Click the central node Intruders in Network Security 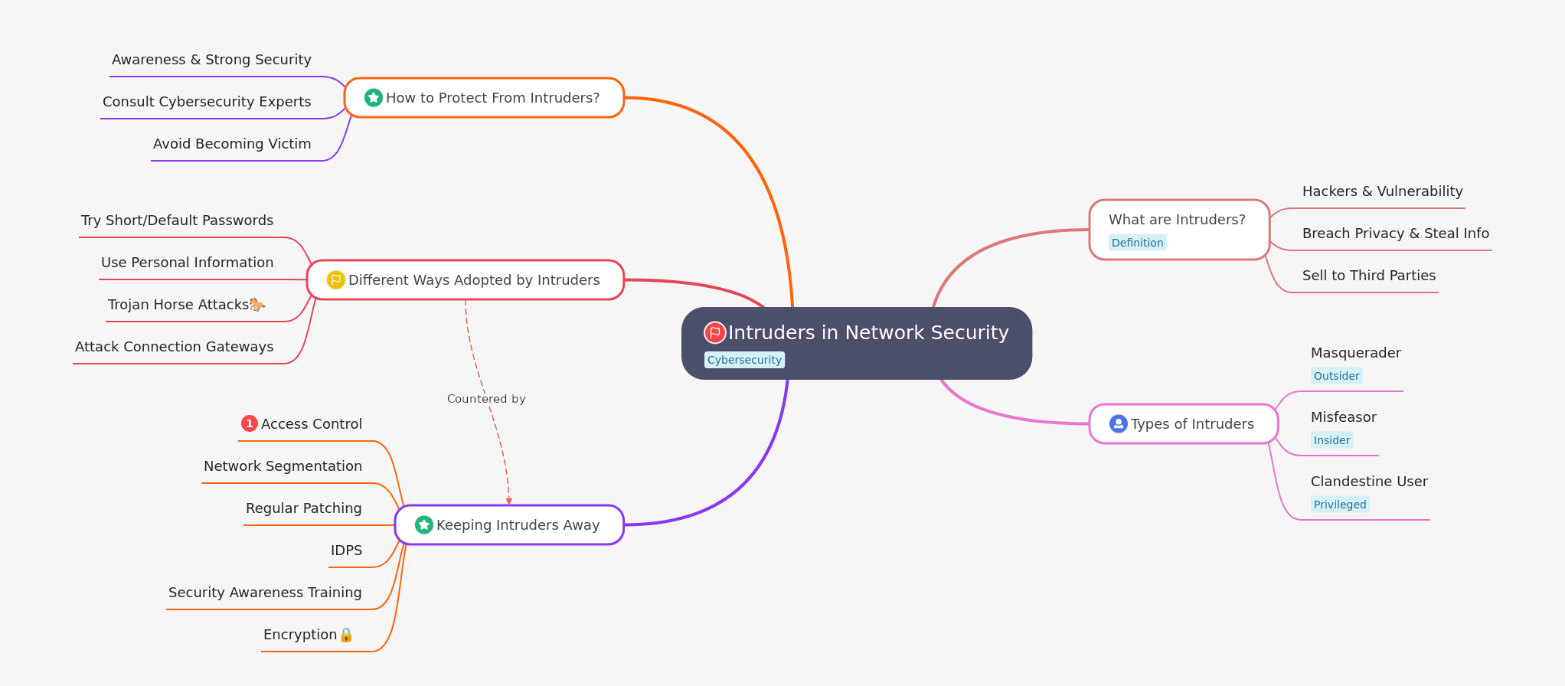point(867,333)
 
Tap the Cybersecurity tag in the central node point(744,360)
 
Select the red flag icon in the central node point(714,332)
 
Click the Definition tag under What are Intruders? point(1137,243)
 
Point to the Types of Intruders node point(1191,424)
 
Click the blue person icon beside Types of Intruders point(1118,423)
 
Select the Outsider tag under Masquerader point(1336,376)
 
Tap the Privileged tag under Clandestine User point(1339,505)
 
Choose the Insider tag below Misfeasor point(1331,440)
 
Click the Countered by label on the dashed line point(486,399)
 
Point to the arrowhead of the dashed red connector point(509,501)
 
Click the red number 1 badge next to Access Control point(250,423)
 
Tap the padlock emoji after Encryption point(346,635)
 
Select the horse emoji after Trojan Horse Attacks point(257,305)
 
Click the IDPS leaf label point(346,550)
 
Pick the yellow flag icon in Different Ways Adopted point(335,279)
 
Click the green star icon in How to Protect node point(373,97)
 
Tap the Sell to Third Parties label point(1368,276)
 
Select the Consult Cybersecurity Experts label point(207,102)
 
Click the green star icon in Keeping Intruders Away point(423,524)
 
